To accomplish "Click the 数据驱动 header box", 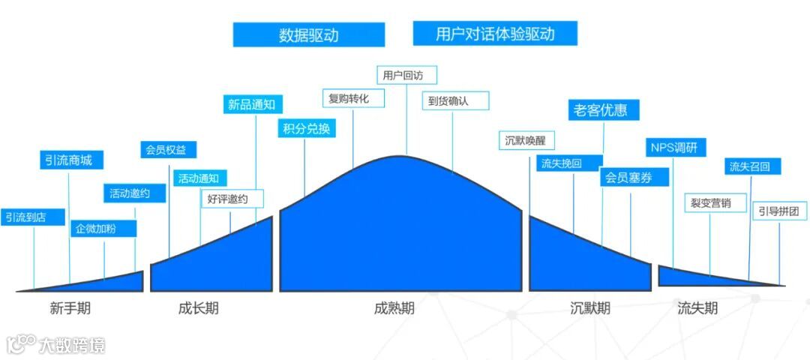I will (308, 34).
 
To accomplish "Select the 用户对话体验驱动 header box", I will (494, 34).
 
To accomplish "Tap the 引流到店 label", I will (26, 217).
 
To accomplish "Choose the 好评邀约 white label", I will (232, 199).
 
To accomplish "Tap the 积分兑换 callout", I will (305, 127).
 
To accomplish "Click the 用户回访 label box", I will (406, 75).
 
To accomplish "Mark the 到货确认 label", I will (454, 100).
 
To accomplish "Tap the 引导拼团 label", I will (779, 211).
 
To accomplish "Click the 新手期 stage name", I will (70, 308).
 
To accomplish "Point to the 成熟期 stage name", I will (394, 308).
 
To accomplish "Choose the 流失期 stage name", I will (697, 308).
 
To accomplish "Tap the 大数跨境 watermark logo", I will (56, 344).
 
